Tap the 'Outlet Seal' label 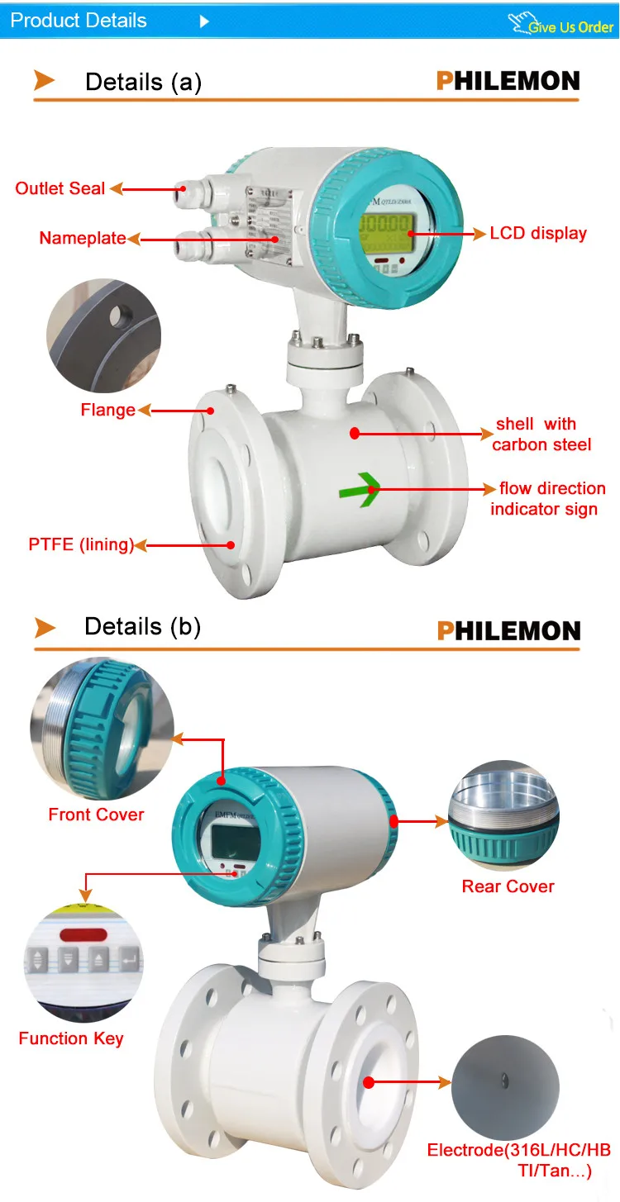pos(60,188)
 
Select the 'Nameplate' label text pos(83,239)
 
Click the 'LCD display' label pos(538,233)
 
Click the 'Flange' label pos(107,410)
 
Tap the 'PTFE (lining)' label pos(81,544)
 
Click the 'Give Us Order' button pos(570,26)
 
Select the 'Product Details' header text pos(79,21)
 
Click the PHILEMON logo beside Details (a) pos(508,81)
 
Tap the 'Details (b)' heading pos(142,626)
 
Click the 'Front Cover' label pos(96,815)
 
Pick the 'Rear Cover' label pos(508,886)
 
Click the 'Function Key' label pos(71,1038)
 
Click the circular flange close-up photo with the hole pos(103,335)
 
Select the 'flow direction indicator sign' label pos(546,499)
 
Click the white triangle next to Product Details pos(205,21)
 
